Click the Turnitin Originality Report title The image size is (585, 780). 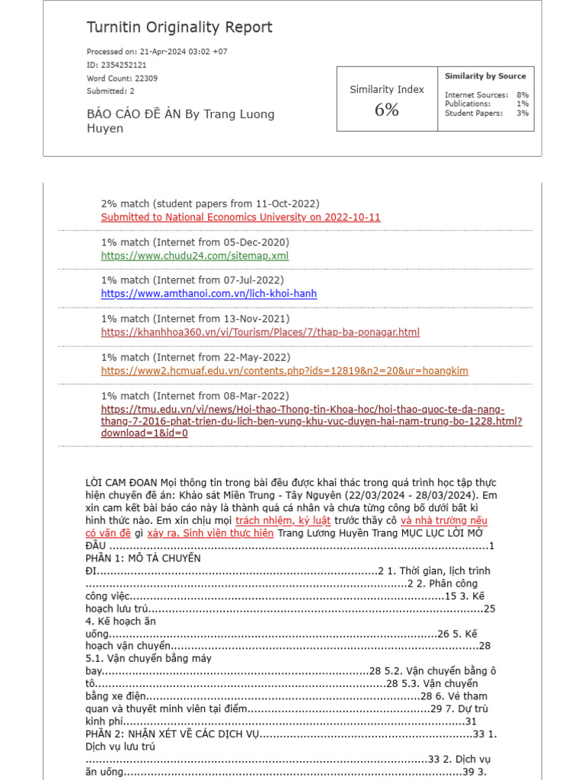179,28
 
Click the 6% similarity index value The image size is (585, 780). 386,110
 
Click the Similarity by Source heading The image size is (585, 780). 485,76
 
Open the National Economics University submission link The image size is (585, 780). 241,217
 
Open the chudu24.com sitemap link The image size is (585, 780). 195,256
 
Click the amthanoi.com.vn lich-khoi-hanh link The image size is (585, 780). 209,294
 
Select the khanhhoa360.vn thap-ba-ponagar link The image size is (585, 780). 260,332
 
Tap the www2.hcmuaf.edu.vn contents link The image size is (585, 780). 284,371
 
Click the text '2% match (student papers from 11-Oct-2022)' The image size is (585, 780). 210,204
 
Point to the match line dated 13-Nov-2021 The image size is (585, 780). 195,319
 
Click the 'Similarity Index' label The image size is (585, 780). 387,90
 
